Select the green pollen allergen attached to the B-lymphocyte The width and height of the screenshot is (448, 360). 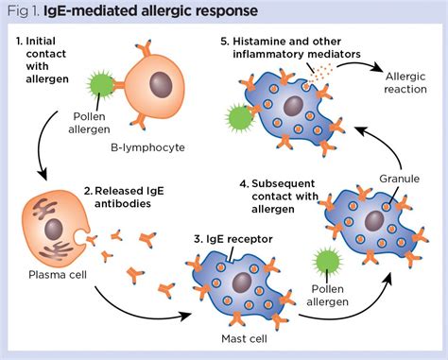[106, 94]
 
